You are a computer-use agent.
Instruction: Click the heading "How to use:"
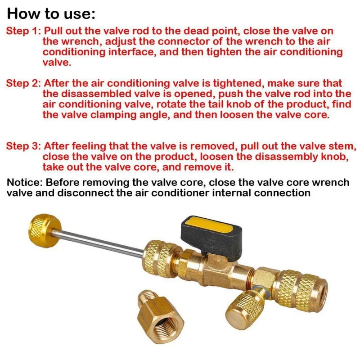click(x=51, y=13)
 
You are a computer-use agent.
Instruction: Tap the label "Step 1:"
click(x=23, y=31)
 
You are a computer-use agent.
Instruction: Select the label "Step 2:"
click(x=23, y=83)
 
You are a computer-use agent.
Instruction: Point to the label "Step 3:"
click(x=23, y=146)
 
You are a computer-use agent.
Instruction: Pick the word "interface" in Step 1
click(x=132, y=52)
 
